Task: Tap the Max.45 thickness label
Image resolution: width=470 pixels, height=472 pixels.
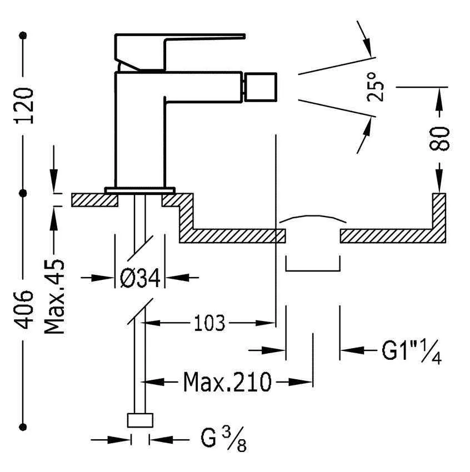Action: (x=54, y=295)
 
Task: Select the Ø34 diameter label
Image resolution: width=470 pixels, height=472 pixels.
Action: (x=140, y=277)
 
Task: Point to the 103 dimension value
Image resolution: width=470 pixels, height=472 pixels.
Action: (x=210, y=322)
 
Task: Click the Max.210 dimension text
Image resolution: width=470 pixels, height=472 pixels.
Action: (x=228, y=381)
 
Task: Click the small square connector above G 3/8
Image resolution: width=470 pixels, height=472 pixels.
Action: (x=141, y=420)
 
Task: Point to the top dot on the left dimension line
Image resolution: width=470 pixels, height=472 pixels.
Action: (x=23, y=36)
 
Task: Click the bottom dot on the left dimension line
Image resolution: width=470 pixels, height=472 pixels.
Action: (x=23, y=426)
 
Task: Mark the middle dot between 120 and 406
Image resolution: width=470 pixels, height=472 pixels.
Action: (x=23, y=193)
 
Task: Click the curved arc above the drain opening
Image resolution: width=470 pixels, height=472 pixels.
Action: (x=312, y=217)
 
